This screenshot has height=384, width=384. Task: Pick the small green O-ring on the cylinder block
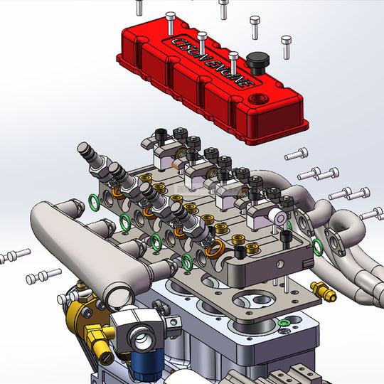[x=284, y=324]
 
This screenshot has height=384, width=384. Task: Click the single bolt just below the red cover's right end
[x=297, y=153]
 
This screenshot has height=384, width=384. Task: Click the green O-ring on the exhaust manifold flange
[x=317, y=245]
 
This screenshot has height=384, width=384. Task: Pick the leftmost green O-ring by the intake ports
[x=93, y=205]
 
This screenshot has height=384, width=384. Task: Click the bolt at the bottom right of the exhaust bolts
[x=370, y=213]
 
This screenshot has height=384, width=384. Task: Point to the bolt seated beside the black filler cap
[x=234, y=60]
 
